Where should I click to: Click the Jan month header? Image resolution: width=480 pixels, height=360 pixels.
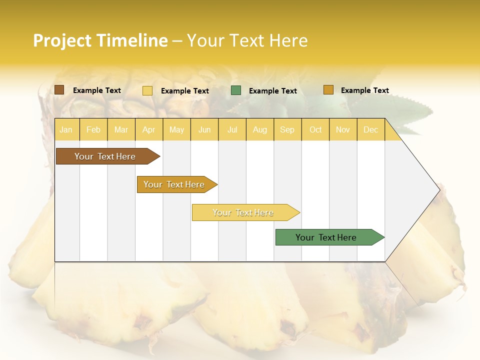[66, 129]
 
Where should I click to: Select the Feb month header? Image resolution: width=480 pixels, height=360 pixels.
[93, 129]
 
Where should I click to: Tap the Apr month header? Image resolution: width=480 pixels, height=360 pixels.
[148, 129]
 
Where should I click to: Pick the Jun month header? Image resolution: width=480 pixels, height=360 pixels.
[204, 129]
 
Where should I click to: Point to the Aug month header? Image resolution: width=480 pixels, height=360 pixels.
[259, 129]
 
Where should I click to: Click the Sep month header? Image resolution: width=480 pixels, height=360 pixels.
[287, 129]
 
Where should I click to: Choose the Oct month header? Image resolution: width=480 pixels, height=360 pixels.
[315, 129]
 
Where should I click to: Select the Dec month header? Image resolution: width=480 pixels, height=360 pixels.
[370, 129]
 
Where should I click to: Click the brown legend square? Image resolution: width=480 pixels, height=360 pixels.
[59, 90]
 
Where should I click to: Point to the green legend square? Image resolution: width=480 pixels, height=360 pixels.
[236, 90]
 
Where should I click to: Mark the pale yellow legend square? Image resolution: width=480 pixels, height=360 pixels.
[147, 90]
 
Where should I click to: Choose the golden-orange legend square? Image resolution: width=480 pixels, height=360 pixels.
[328, 90]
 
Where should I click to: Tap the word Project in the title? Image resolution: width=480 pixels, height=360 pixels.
[62, 40]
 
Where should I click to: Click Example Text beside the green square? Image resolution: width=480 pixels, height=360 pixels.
[272, 91]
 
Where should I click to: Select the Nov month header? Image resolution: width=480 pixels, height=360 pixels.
[342, 129]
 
